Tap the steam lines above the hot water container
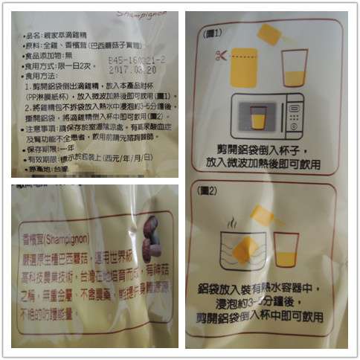[x=234, y=222]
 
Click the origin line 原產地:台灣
[x=45, y=170]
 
